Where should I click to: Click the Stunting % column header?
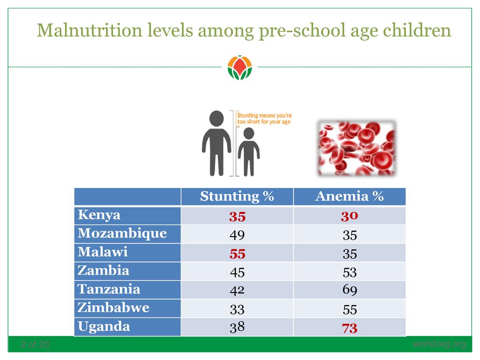pos(237,196)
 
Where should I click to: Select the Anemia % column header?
pos(349,196)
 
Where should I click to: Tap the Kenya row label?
pos(99,215)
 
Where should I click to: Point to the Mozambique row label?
pos(122,233)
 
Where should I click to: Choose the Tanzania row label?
pos(109,289)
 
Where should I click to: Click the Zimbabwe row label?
pos(113,308)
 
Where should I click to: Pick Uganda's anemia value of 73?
pos(350,328)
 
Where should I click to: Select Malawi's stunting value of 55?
pos(237,254)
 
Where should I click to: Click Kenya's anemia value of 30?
pos(350,216)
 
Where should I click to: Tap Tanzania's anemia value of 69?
pos(350,290)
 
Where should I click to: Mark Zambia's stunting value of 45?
pos(237,272)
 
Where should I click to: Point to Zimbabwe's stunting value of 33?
pos(237,309)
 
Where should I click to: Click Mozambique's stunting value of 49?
pos(237,235)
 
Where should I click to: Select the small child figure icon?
pos(248,151)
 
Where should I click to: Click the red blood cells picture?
pos(356,148)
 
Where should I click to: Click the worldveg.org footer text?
pos(439,345)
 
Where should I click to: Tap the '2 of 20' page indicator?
pos(35,345)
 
